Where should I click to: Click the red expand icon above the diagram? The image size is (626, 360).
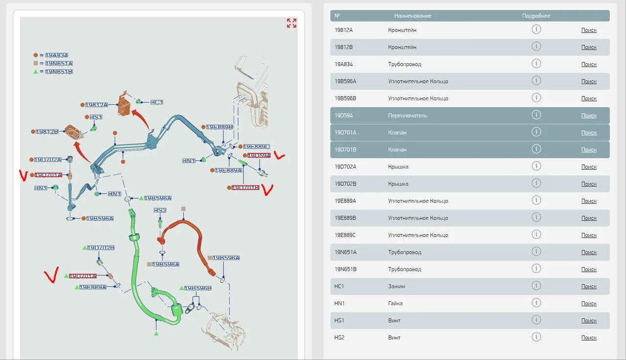[291, 23]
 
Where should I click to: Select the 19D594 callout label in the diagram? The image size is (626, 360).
[259, 156]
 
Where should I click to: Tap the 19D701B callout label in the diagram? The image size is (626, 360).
[245, 187]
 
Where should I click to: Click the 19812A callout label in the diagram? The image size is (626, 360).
[96, 105]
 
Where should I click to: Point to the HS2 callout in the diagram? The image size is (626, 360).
[160, 210]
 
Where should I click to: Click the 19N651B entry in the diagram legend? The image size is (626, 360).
[59, 71]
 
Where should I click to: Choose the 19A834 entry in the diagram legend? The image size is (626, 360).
[56, 55]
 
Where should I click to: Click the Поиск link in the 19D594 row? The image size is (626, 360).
[589, 115]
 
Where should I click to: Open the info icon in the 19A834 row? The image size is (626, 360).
[536, 64]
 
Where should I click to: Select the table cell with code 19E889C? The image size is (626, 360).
[345, 235]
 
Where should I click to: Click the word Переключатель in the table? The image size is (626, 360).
[407, 115]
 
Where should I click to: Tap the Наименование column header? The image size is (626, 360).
[413, 16]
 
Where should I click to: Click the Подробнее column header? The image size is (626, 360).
[536, 16]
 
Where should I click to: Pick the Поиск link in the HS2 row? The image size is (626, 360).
[589, 337]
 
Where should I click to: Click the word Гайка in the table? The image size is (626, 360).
[395, 303]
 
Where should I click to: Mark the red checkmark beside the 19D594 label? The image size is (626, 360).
[279, 156]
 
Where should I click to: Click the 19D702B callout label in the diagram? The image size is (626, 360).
[101, 247]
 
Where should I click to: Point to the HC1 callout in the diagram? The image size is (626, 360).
[156, 102]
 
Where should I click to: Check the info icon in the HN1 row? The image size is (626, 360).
[536, 303]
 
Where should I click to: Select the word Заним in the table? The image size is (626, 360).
[397, 286]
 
